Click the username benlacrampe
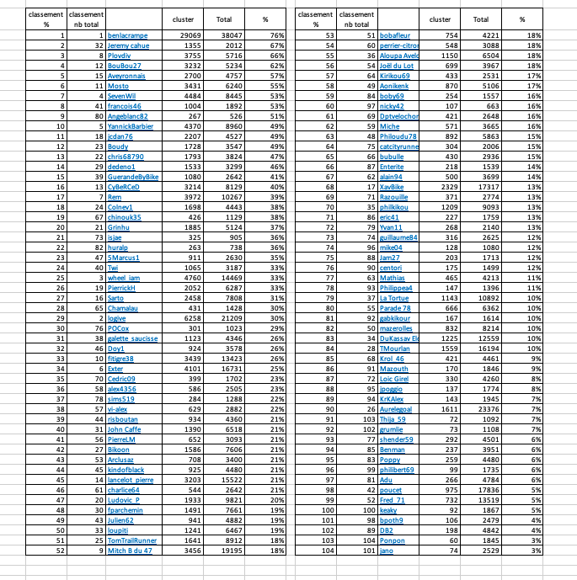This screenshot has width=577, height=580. click(129, 35)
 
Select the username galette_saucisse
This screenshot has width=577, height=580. click(133, 338)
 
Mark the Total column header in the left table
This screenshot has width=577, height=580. click(224, 19)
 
